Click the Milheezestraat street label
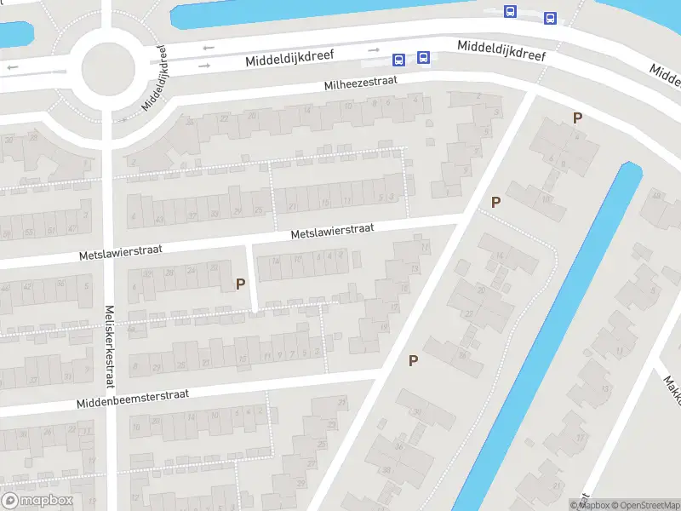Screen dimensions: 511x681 [362, 83]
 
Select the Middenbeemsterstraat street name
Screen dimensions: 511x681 [131, 397]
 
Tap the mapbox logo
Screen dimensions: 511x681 [37, 501]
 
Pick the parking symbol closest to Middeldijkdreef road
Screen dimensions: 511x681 [578, 118]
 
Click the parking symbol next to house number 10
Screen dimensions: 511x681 [495, 202]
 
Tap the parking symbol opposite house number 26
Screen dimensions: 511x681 [414, 360]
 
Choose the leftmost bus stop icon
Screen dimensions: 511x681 [398, 59]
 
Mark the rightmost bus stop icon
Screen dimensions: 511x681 [550, 18]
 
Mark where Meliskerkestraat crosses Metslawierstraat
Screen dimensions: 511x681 [108, 250]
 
